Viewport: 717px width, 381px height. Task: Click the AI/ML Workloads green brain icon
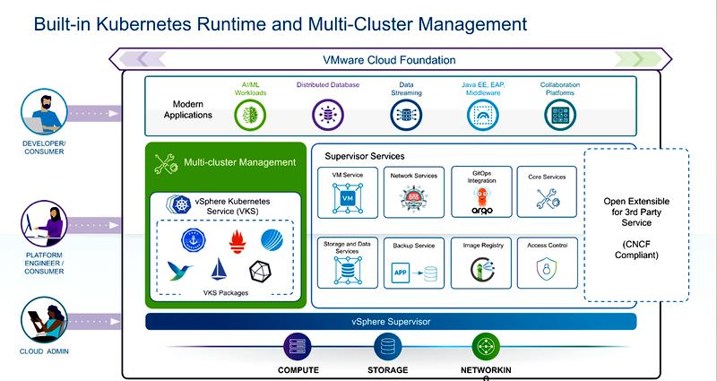250,115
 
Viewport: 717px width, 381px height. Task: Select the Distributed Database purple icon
327,115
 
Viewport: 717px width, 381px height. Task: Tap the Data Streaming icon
406,115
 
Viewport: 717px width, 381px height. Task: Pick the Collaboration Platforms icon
560,115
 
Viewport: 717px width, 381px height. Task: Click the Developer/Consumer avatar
44,112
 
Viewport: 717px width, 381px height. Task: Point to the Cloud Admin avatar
44,320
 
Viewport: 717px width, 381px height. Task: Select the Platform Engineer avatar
44,223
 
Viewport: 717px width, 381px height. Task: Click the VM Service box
348,193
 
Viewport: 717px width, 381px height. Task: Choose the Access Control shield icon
547,269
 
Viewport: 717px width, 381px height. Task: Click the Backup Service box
414,263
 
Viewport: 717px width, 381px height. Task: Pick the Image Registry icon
482,269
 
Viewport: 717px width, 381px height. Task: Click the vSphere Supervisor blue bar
391,322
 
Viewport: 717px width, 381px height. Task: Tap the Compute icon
298,347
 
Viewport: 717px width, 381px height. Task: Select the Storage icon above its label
388,347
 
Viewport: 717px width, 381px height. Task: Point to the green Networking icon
486,347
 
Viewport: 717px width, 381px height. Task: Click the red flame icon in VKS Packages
238,241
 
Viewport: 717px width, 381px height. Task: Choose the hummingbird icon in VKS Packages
179,271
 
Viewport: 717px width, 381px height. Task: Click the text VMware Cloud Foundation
389,60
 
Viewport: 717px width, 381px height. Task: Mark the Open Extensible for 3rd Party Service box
636,225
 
